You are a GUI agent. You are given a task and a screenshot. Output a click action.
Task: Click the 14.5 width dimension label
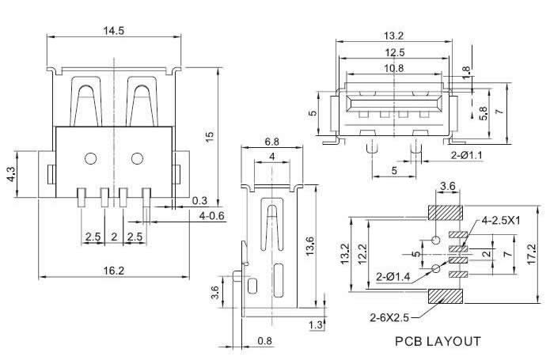(x=113, y=31)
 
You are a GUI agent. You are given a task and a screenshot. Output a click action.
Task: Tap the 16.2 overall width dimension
(x=114, y=271)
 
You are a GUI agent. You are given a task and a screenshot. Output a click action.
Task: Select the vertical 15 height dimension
(x=210, y=136)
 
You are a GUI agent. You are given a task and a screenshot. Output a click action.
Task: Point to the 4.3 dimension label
(x=11, y=174)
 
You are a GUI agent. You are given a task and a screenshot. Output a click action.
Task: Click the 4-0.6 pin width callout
(x=211, y=216)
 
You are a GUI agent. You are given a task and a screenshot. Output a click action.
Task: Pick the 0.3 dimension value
(x=199, y=201)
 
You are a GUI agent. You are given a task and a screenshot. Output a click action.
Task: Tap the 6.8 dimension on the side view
(x=272, y=142)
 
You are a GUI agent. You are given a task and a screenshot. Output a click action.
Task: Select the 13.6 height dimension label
(x=309, y=247)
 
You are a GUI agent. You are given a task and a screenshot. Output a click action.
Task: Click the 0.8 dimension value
(x=264, y=341)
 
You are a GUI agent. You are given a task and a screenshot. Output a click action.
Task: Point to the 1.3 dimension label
(x=316, y=325)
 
